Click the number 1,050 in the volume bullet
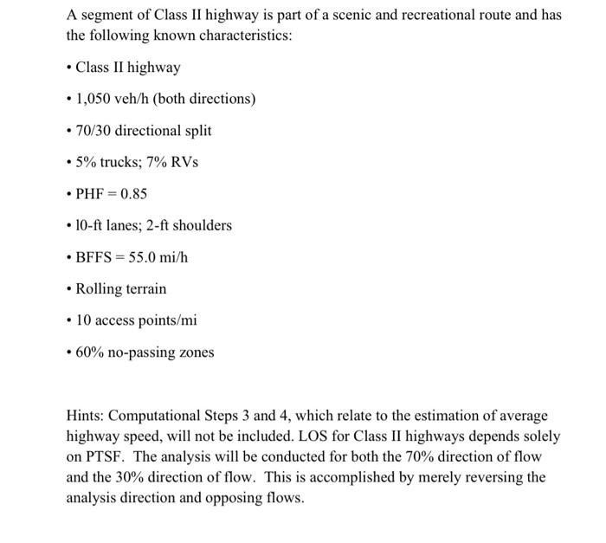coord(94,99)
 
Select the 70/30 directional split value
coord(94,131)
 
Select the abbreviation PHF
coord(91,194)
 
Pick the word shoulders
coord(202,225)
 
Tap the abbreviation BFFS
coord(95,257)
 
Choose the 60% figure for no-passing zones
coord(89,352)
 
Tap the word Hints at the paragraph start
coord(86,417)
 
